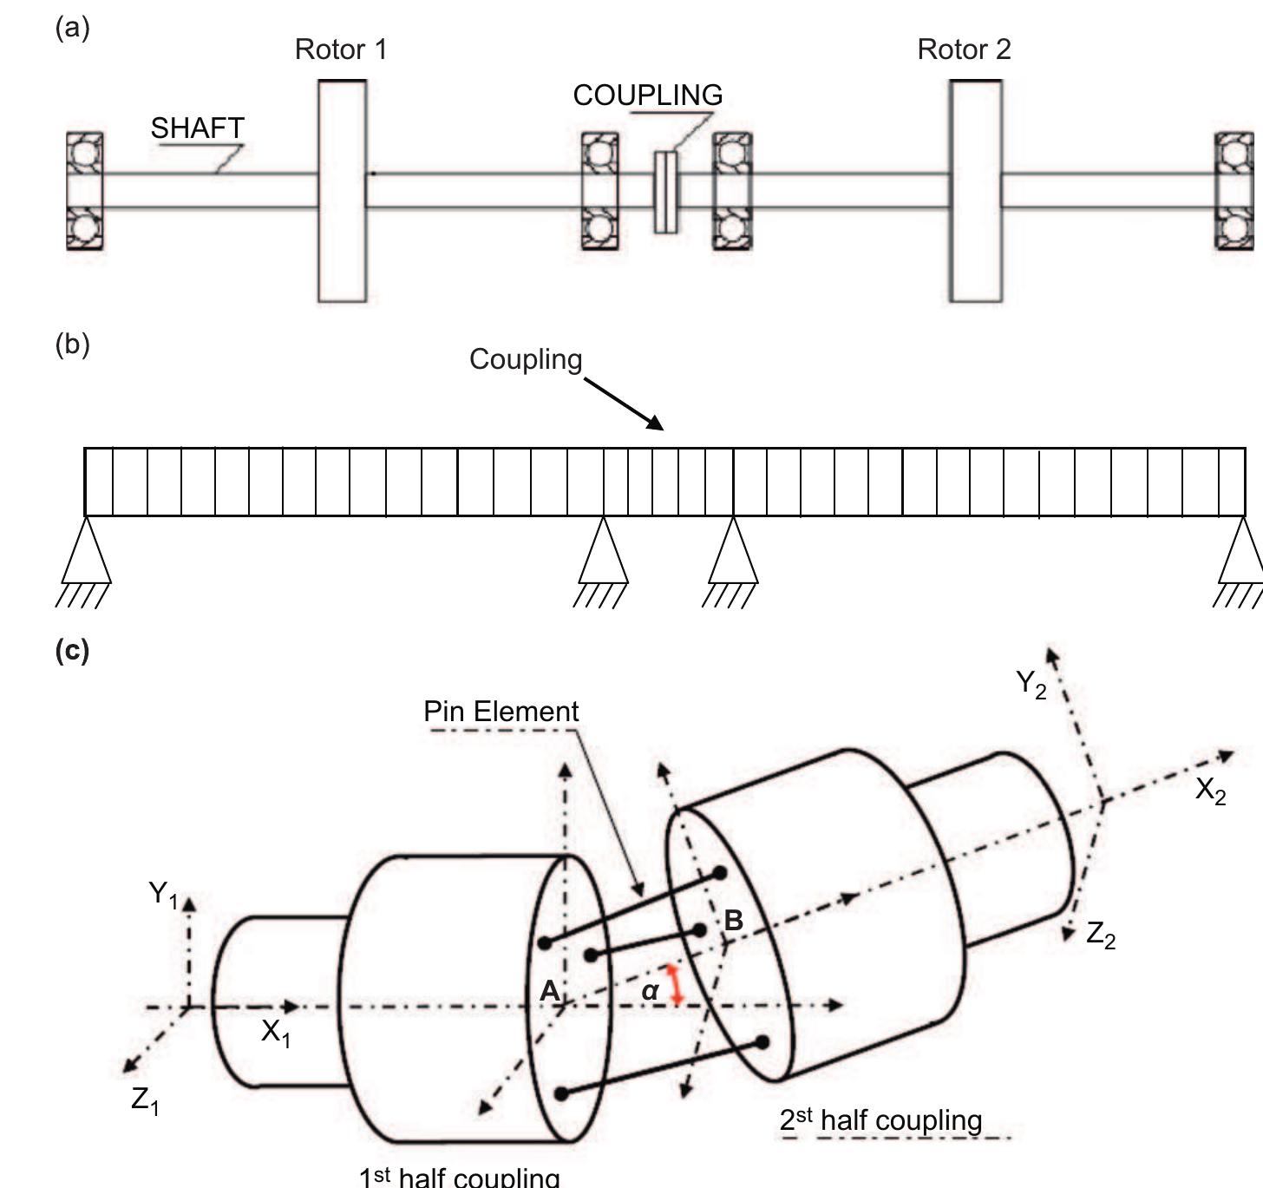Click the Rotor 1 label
(x=341, y=49)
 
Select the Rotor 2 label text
(x=964, y=49)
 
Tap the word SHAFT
(x=197, y=128)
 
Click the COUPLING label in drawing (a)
(x=647, y=95)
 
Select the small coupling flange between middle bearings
(x=665, y=192)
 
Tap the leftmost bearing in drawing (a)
(x=85, y=191)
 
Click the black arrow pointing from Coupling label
(x=624, y=404)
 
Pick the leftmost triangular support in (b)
(x=86, y=555)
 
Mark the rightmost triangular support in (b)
(x=1241, y=555)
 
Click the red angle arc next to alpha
(x=675, y=984)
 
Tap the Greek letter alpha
(x=651, y=990)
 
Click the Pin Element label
(x=501, y=712)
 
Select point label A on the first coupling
(x=548, y=990)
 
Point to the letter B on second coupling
(x=733, y=920)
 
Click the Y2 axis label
(x=1031, y=684)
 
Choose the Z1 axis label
(x=145, y=1100)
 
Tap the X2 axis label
(x=1210, y=791)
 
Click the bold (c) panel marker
(x=72, y=650)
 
